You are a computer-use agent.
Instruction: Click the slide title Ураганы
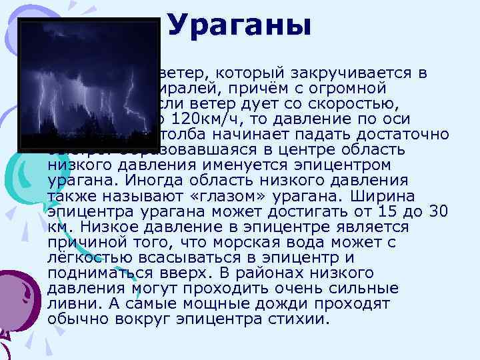239,26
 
